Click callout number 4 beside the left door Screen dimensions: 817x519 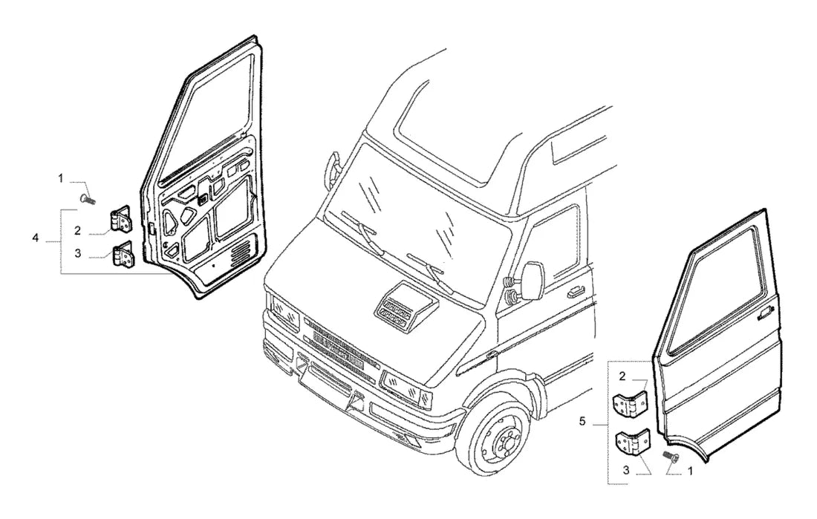tap(35, 238)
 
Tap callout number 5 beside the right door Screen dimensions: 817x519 tap(582, 421)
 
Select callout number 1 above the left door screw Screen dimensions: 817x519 tap(60, 179)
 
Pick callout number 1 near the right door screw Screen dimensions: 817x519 tap(691, 471)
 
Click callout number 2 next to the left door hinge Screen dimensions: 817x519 tap(77, 230)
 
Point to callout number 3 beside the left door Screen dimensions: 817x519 tap(78, 253)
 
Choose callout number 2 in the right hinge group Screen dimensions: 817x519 tap(622, 376)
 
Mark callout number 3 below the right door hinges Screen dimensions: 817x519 tap(626, 470)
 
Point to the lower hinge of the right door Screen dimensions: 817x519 tap(634, 441)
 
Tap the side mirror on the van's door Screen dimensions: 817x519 tap(533, 281)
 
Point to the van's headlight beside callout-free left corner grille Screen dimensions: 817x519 tap(282, 310)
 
